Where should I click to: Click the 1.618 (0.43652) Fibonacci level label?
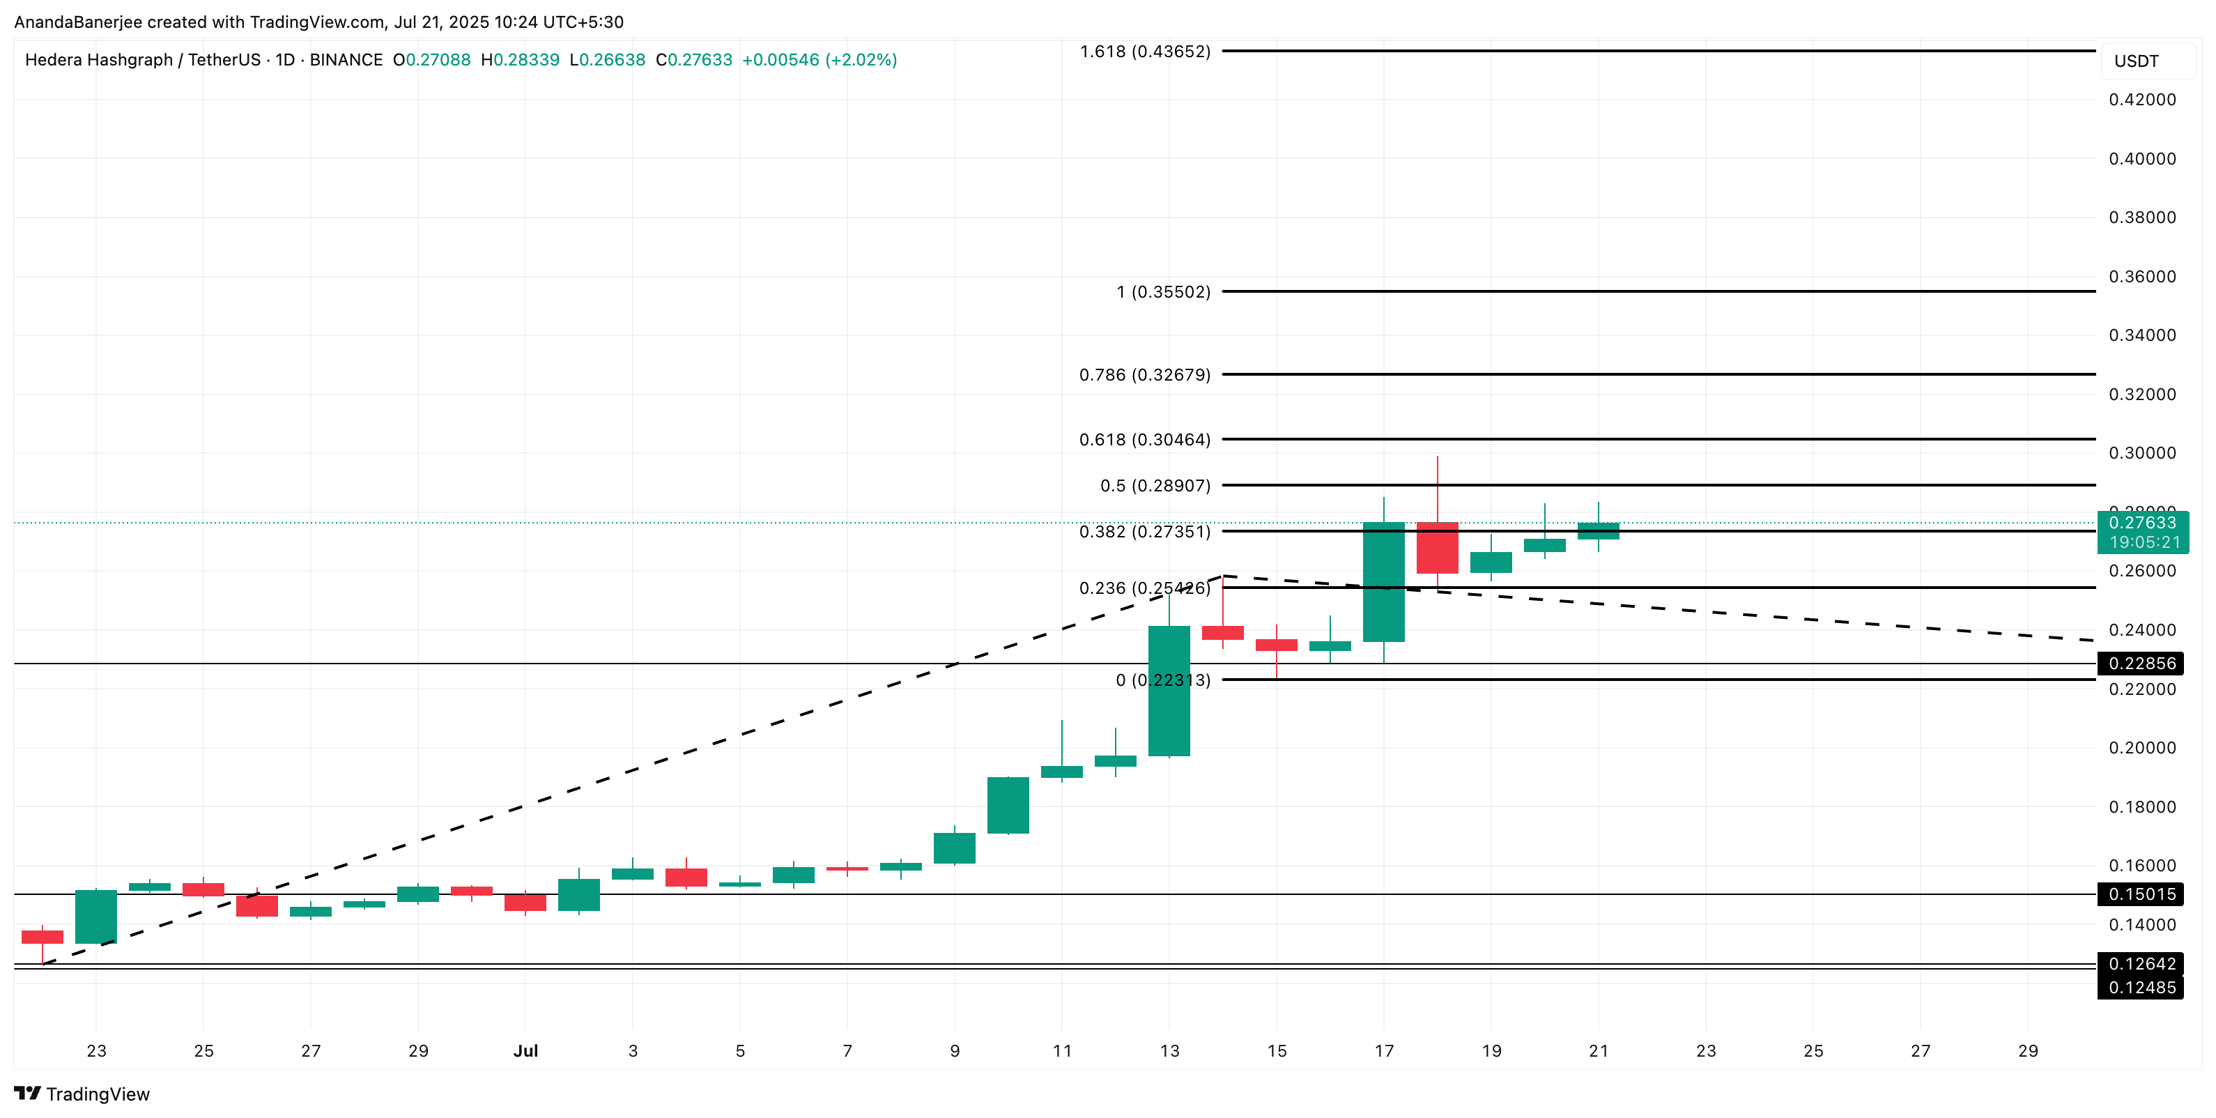coord(1144,52)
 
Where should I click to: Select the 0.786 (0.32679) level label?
coord(1144,374)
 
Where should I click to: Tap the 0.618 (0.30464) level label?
coord(1144,440)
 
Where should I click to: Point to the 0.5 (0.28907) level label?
coord(1155,485)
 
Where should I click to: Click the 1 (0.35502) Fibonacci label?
coord(1163,292)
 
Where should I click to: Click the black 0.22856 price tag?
coord(2141,664)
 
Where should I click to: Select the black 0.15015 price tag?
coord(2141,894)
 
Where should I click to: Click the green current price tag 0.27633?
coord(2142,523)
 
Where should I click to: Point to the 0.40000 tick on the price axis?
coord(2141,158)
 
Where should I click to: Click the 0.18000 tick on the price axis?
coord(2141,806)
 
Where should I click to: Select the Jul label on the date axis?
coord(525,1051)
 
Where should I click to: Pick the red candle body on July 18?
coord(1437,547)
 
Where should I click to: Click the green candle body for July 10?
coord(1008,806)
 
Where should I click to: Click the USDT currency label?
coord(2136,61)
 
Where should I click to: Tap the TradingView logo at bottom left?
coord(83,1094)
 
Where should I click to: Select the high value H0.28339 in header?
coord(521,60)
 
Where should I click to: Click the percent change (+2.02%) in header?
coord(861,60)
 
